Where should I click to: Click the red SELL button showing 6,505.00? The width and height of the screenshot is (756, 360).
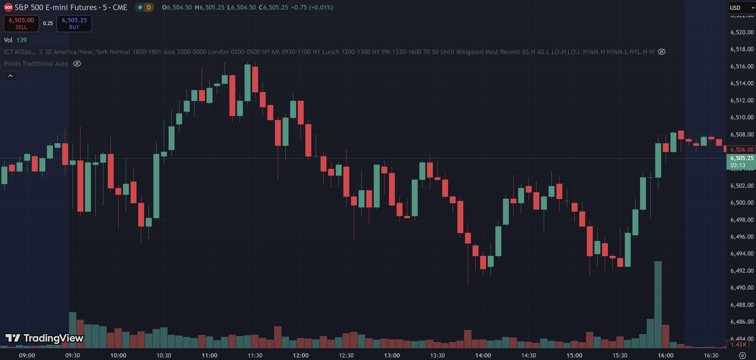(21, 23)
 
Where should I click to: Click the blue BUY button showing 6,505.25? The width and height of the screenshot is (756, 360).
(74, 23)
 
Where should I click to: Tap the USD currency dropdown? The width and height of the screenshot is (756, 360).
(741, 8)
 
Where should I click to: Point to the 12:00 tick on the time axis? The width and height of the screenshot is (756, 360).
(301, 355)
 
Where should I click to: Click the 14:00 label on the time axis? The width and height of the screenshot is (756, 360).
(483, 355)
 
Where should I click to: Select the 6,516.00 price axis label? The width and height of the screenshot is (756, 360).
(742, 66)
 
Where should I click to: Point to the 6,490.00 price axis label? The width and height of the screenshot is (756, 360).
(742, 288)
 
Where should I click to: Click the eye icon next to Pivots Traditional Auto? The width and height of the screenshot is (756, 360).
(77, 64)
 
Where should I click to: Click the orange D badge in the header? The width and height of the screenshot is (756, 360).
(149, 8)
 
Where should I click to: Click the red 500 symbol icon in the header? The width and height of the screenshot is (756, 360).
(8, 8)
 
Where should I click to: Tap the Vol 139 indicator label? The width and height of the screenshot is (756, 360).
(15, 40)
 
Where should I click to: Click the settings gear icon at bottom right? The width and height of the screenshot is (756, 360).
(742, 355)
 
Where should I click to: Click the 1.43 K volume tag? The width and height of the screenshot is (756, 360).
(738, 345)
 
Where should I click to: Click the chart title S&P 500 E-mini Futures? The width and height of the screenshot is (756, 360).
(56, 8)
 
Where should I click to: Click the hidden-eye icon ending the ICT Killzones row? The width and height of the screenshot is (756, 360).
(661, 52)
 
